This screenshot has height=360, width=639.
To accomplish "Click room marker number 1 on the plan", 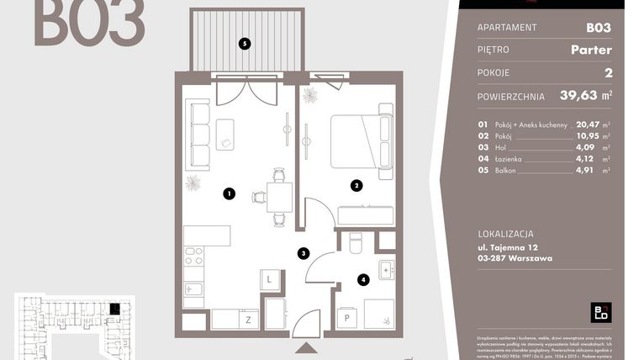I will click(229, 193).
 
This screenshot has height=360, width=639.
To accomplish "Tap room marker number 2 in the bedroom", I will click(356, 186).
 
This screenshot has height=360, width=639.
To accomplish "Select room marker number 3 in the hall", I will click(304, 252).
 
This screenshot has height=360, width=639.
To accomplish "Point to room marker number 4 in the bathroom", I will click(363, 279).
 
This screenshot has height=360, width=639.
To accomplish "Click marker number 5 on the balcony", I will click(244, 44).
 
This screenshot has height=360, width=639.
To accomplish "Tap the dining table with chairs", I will click(279, 198).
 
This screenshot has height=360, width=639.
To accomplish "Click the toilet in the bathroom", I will click(354, 242).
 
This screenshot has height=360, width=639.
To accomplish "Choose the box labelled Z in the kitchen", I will click(248, 320).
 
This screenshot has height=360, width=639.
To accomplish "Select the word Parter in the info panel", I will click(592, 50).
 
